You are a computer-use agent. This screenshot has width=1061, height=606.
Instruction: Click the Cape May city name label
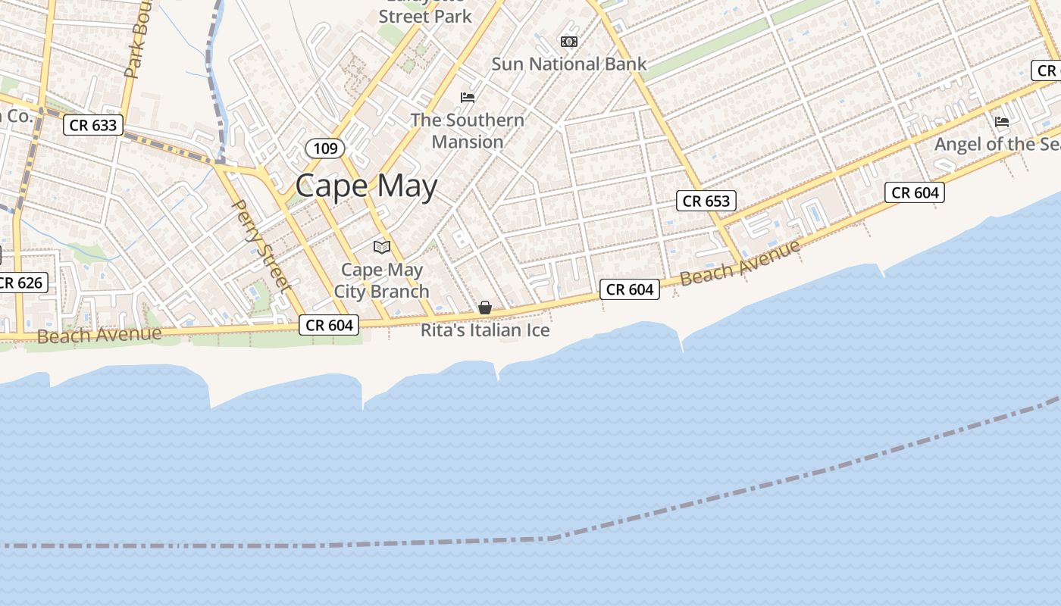(x=366, y=186)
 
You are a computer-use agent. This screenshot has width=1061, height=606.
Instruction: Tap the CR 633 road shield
(x=93, y=125)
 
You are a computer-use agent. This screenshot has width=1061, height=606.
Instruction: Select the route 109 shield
(x=325, y=148)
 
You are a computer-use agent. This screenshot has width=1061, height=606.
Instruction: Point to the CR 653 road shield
(x=706, y=201)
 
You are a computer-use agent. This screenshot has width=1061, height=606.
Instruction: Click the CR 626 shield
(x=23, y=283)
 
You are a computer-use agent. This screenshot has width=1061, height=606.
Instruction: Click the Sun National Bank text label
(x=569, y=64)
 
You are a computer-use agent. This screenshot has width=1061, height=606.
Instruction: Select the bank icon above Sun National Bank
(x=568, y=41)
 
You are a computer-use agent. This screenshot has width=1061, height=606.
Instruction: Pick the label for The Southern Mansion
(x=468, y=131)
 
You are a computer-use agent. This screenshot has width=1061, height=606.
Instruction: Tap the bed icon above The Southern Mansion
(x=468, y=97)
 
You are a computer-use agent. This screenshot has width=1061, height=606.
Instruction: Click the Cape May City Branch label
(x=382, y=280)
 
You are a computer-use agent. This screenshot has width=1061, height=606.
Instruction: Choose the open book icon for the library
(x=382, y=247)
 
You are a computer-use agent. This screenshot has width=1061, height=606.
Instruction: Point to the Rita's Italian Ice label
(x=485, y=330)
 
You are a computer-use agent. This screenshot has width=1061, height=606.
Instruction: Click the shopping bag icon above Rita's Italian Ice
(x=485, y=308)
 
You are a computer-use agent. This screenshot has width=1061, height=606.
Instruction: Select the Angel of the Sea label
(x=997, y=144)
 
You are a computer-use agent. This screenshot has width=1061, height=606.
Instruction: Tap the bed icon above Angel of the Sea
(x=1001, y=121)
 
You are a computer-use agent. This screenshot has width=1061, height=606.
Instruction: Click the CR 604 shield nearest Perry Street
(x=329, y=325)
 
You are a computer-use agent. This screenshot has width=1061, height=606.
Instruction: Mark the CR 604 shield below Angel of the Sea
(x=915, y=192)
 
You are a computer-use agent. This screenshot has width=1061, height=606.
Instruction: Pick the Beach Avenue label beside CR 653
(x=740, y=263)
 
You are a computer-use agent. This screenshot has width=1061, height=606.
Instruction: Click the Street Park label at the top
(x=425, y=16)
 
